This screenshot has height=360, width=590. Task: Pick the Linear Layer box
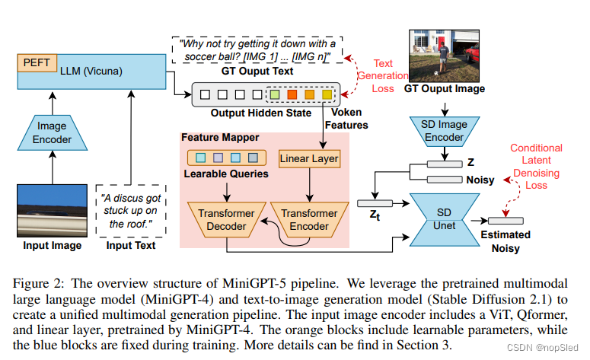(309, 159)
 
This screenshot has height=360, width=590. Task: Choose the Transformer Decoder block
(227, 220)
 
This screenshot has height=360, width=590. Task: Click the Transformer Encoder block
(309, 220)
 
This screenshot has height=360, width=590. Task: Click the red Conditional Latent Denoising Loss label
(536, 166)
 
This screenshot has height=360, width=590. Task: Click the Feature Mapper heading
(219, 138)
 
